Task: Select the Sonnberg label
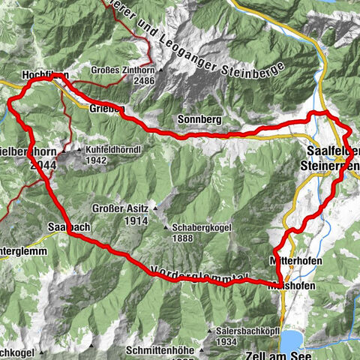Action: coord(198,119)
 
